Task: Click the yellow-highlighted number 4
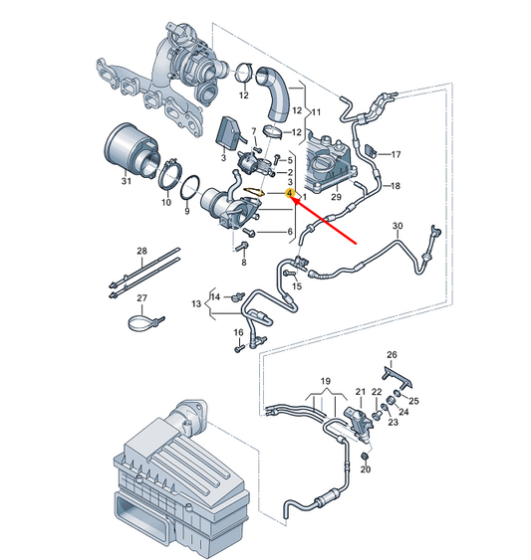(290, 196)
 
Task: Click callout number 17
(395, 154)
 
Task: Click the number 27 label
(141, 299)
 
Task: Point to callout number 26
(392, 355)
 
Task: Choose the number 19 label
(324, 381)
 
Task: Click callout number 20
(366, 468)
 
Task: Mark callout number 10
(165, 202)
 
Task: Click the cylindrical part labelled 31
(128, 149)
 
